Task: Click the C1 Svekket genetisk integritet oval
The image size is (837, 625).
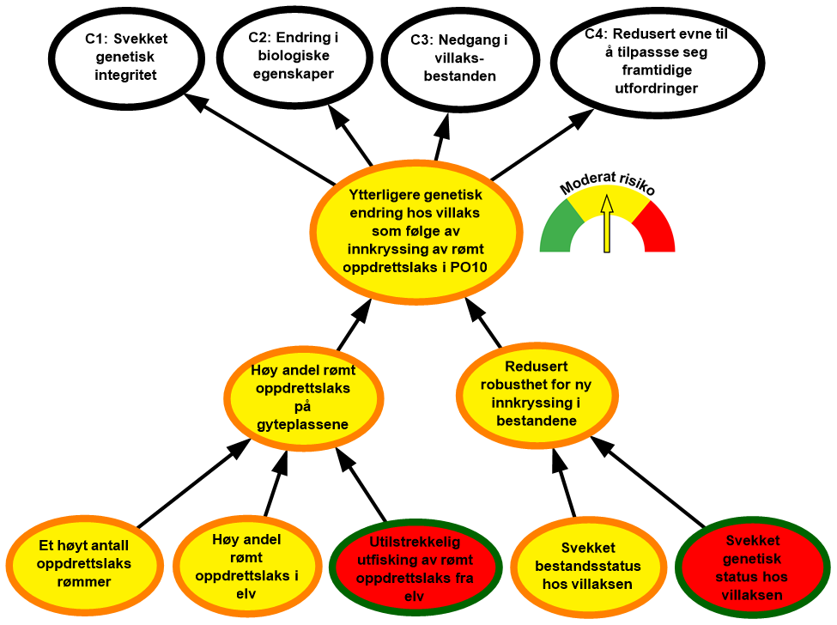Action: point(125,57)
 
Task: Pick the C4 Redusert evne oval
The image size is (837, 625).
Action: point(657,62)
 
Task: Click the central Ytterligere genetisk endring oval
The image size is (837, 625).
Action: point(415,232)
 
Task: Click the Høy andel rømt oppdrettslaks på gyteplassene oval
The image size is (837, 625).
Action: point(303,397)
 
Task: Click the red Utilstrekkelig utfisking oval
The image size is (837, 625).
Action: point(415,566)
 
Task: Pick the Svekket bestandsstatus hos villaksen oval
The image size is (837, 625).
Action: point(588,565)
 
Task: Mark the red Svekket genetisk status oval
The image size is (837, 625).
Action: point(752,568)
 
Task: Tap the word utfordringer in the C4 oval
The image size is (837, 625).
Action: point(657,88)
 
